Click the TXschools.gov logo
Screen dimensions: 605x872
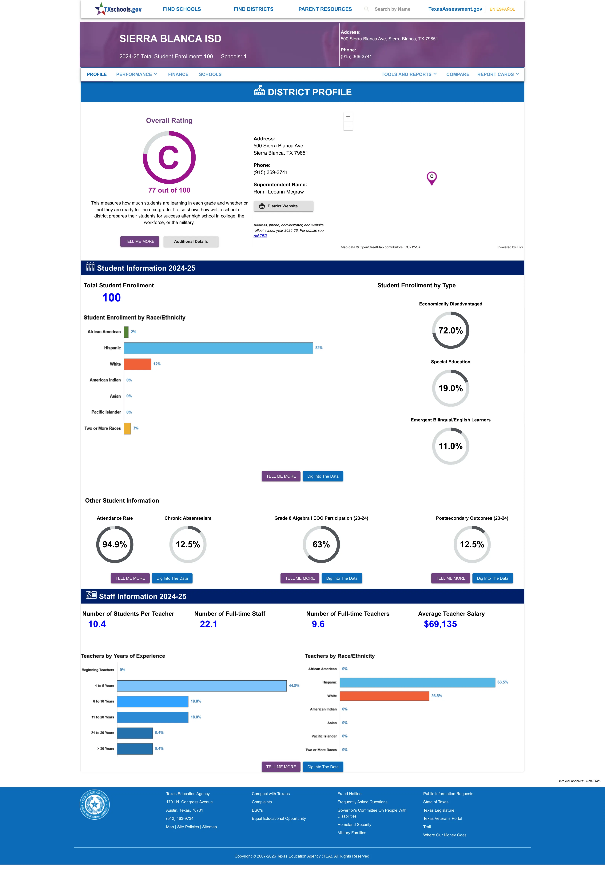pyautogui.click(x=118, y=9)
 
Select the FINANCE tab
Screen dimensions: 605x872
pyautogui.click(x=178, y=74)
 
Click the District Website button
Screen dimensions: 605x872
pyautogui.click(x=283, y=206)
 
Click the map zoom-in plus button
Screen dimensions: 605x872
pyautogui.click(x=348, y=117)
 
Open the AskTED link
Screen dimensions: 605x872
pyautogui.click(x=260, y=236)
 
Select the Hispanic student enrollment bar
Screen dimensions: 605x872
pyautogui.click(x=218, y=348)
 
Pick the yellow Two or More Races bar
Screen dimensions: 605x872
pyautogui.click(x=127, y=428)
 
